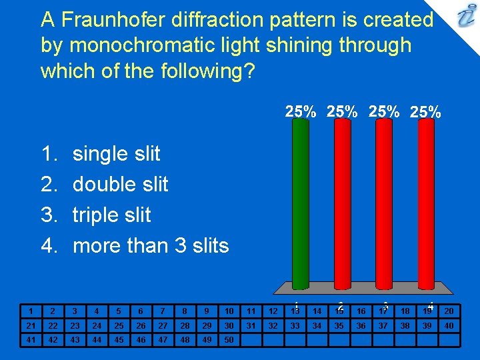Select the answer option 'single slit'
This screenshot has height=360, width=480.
pos(116,153)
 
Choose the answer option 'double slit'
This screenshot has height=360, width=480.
pos(120,184)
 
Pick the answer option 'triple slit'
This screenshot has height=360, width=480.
pos(111,215)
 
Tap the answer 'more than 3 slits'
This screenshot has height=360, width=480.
pos(150,245)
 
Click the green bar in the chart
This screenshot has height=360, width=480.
pos(301,200)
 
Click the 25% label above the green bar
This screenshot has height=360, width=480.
pos(301,112)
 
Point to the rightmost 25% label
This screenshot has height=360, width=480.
pos(425,112)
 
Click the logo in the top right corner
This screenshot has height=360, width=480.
pos(464,17)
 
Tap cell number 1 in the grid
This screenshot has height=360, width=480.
pos(30,311)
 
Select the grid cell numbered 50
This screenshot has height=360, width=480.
pos(229,339)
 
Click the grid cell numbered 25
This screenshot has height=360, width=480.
pos(119,325)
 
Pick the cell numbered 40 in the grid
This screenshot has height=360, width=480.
pos(449,325)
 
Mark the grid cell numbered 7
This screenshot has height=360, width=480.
pos(163,311)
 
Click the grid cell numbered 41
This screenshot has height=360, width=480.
pos(30,339)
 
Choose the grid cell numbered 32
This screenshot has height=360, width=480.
pos(273,325)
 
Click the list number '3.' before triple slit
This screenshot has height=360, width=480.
pos(49,215)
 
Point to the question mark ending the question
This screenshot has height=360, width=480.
pos(249,71)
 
